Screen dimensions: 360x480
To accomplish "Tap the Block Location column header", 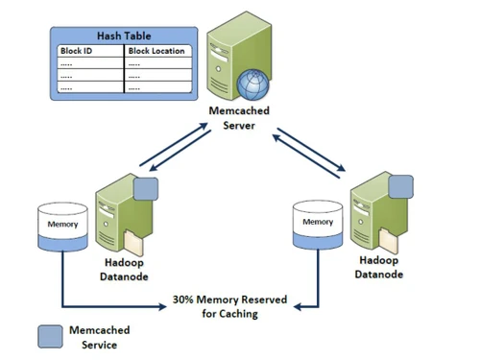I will point(158,51).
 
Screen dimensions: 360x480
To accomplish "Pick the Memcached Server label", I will point(238,119).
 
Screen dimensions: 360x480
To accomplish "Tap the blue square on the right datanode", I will point(400,185).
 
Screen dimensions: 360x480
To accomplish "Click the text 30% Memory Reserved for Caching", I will point(228,306).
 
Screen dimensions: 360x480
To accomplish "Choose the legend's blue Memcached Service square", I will point(49,335).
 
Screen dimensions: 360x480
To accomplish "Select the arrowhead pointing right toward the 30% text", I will point(164,306).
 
